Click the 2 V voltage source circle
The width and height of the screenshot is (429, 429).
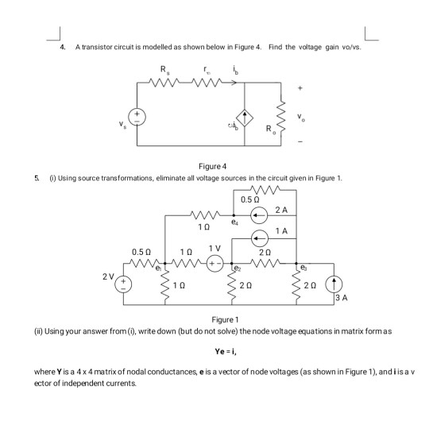(x=123, y=286)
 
